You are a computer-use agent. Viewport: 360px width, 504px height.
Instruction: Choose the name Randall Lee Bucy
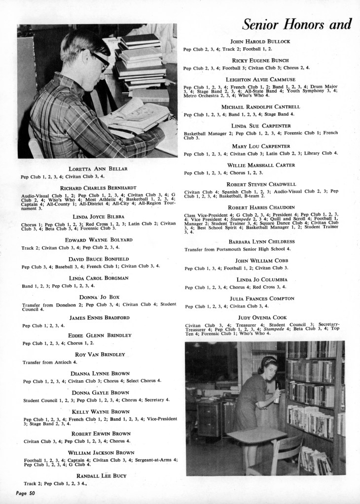(x=101, y=475)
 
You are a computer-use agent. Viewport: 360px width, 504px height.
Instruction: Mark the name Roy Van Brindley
(x=100, y=355)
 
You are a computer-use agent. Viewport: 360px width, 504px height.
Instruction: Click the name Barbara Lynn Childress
(x=261, y=241)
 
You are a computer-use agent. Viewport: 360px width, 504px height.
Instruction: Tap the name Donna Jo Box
(x=100, y=297)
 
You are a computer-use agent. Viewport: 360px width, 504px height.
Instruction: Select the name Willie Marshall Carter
(x=262, y=165)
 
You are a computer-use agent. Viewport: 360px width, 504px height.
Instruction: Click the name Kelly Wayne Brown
(x=101, y=411)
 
